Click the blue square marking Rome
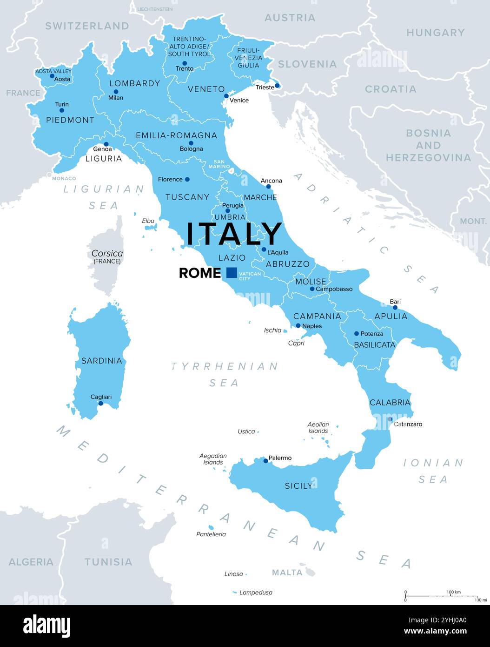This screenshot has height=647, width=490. [232, 273]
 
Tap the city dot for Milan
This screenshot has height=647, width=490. [116, 92]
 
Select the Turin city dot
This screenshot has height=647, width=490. [61, 110]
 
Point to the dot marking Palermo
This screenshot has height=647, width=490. [265, 461]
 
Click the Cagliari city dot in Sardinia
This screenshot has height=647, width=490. [100, 403]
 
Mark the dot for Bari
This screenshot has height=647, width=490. [395, 307]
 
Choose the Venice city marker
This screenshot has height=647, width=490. [226, 96]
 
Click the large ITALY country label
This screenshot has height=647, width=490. [234, 234]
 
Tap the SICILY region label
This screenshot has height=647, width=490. [298, 486]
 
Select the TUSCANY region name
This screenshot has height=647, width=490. [187, 197]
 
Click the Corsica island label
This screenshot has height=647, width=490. [107, 254]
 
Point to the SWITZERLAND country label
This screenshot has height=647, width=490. [87, 26]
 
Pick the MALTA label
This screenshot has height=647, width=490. [287, 572]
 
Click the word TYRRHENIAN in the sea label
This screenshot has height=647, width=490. [225, 366]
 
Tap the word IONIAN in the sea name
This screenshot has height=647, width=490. [433, 463]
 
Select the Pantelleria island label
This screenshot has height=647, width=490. [211, 534]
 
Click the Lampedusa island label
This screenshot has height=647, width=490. [256, 593]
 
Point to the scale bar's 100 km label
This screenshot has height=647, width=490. [453, 592]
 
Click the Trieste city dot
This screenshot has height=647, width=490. [277, 85]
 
